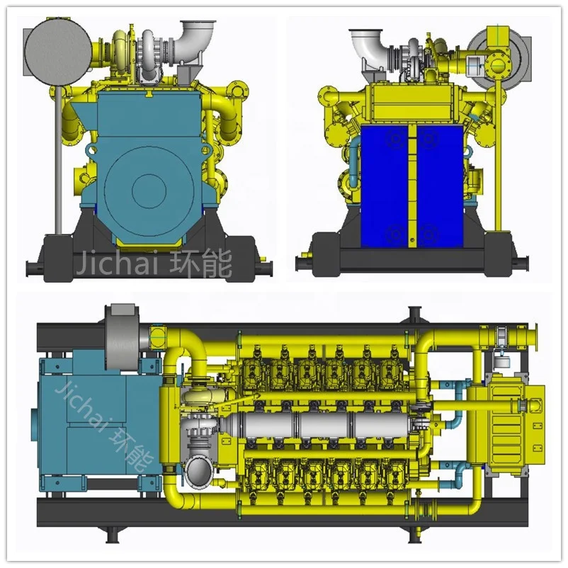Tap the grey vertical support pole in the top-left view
coord(55,163)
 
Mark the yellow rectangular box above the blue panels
coord(412,103)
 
